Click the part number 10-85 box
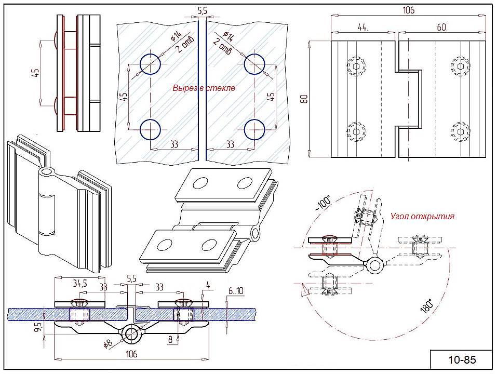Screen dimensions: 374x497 pyautogui.click(x=455, y=359)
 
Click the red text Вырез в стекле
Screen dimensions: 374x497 pyautogui.click(x=204, y=88)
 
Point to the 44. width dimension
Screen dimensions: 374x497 pyautogui.click(x=362, y=27)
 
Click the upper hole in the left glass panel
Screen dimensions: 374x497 pyautogui.click(x=151, y=63)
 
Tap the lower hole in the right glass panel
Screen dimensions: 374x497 pyautogui.click(x=254, y=129)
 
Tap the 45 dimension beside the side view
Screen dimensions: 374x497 pyautogui.click(x=35, y=74)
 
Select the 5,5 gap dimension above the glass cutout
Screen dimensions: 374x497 pyautogui.click(x=203, y=10)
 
